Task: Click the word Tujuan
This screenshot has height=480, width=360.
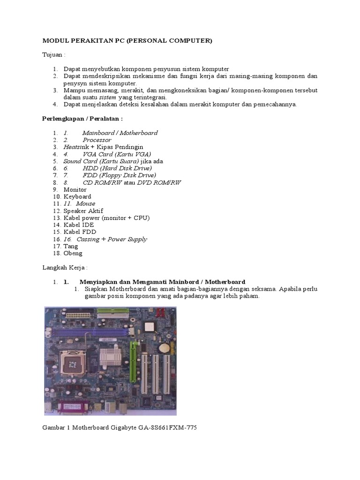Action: (53, 55)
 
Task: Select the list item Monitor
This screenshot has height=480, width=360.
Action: (75, 189)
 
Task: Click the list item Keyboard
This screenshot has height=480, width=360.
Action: (77, 196)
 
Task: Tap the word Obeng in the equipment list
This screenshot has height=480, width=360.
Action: (73, 253)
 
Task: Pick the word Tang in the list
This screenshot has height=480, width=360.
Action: (71, 246)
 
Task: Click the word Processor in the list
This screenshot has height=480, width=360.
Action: (97, 140)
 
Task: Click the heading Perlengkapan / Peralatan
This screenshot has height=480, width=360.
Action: (82, 119)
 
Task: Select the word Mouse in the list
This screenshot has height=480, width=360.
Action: (86, 203)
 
